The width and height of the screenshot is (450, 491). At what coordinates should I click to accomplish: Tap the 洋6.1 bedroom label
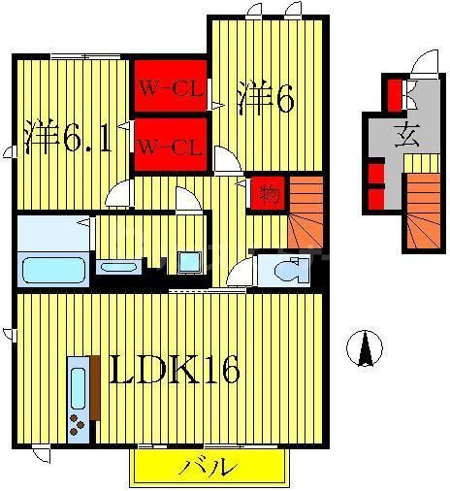click(x=69, y=137)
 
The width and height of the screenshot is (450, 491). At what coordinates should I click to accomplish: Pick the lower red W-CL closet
click(x=170, y=147)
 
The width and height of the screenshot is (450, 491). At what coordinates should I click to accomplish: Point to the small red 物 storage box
click(x=268, y=194)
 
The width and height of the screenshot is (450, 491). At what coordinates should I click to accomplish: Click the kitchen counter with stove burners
click(x=78, y=399)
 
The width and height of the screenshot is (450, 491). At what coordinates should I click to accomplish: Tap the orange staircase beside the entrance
click(x=421, y=214)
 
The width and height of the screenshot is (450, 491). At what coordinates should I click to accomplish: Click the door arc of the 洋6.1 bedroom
click(x=119, y=194)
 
